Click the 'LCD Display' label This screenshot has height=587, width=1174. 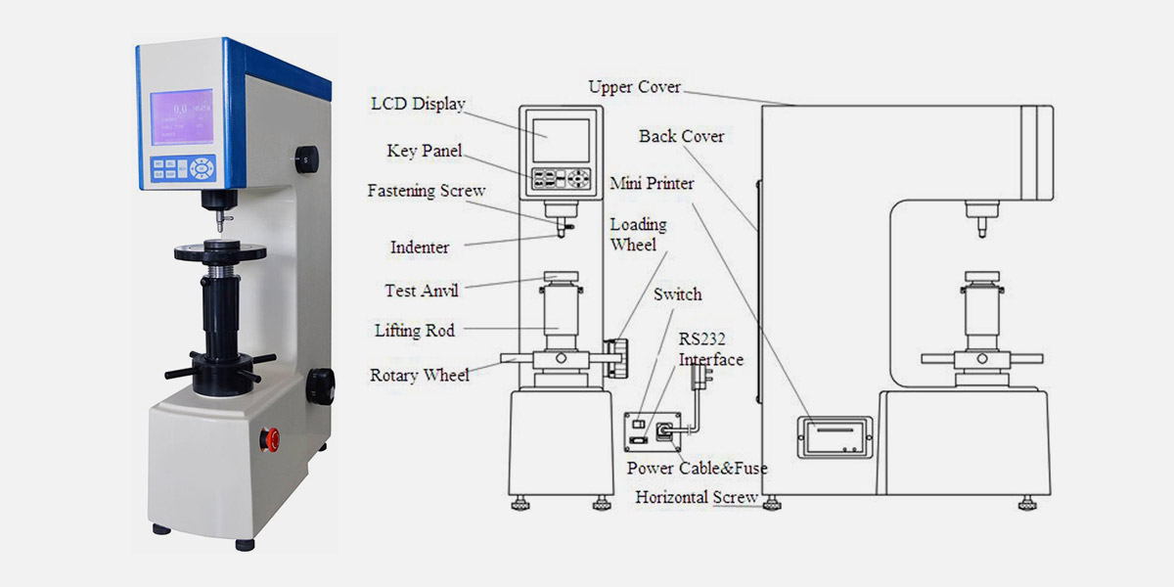(x=419, y=105)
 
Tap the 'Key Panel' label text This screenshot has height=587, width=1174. (x=424, y=151)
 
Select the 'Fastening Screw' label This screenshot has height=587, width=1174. (x=426, y=191)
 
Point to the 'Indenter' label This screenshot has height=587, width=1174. (x=420, y=248)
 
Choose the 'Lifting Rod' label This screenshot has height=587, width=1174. (x=415, y=331)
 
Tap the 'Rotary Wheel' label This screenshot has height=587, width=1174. (x=420, y=375)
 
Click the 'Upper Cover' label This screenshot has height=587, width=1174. (x=634, y=87)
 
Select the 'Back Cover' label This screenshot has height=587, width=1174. (x=682, y=136)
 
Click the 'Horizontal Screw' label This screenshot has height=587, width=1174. (x=697, y=497)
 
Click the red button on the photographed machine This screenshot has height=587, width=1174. (x=272, y=439)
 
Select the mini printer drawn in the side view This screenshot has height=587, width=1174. (x=833, y=435)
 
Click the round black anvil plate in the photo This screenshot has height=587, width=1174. (x=220, y=251)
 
